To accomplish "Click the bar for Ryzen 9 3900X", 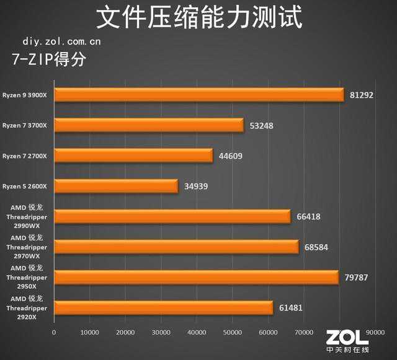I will pos(198,95).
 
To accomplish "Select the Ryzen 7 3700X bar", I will pos(149,126).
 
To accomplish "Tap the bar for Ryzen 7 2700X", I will pos(133,156).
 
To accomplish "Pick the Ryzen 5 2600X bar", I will pos(116,186).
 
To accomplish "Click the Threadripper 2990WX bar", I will pos(172,216).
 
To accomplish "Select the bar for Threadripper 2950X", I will pos(196,277).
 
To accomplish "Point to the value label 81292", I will pos(362,95).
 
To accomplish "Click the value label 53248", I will pos(262,126).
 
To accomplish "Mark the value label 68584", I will pos(316,247).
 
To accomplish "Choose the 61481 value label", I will pos(291,307).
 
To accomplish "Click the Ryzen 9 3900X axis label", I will pos(29,95).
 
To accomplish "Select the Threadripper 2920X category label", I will pos(29,308).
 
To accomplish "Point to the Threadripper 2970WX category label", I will pos(29,247).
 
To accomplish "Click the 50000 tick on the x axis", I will pos(233,333).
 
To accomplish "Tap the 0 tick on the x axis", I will pos(55,333).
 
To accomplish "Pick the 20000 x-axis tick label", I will pos(126,333).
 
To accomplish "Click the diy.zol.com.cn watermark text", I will pos(61,42).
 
